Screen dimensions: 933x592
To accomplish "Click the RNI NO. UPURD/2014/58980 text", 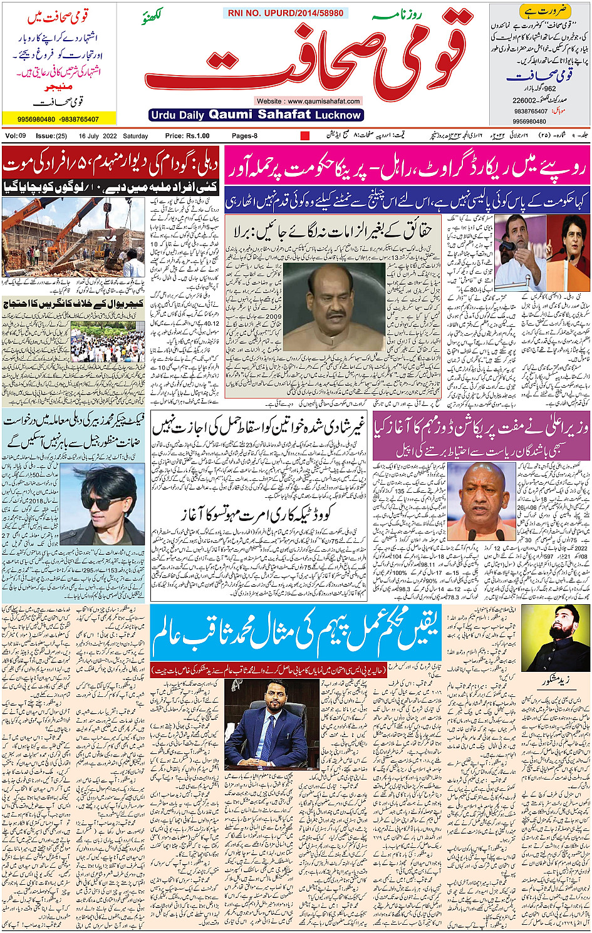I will [x=286, y=13].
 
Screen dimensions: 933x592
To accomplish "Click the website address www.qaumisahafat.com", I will [x=308, y=101].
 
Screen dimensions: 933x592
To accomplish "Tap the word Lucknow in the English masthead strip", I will [x=338, y=115].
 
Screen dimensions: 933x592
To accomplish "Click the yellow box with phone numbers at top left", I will [x=59, y=119].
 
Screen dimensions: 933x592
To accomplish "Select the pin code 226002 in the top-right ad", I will [x=525, y=100].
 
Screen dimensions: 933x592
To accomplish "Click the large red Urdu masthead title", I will [x=307, y=56].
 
